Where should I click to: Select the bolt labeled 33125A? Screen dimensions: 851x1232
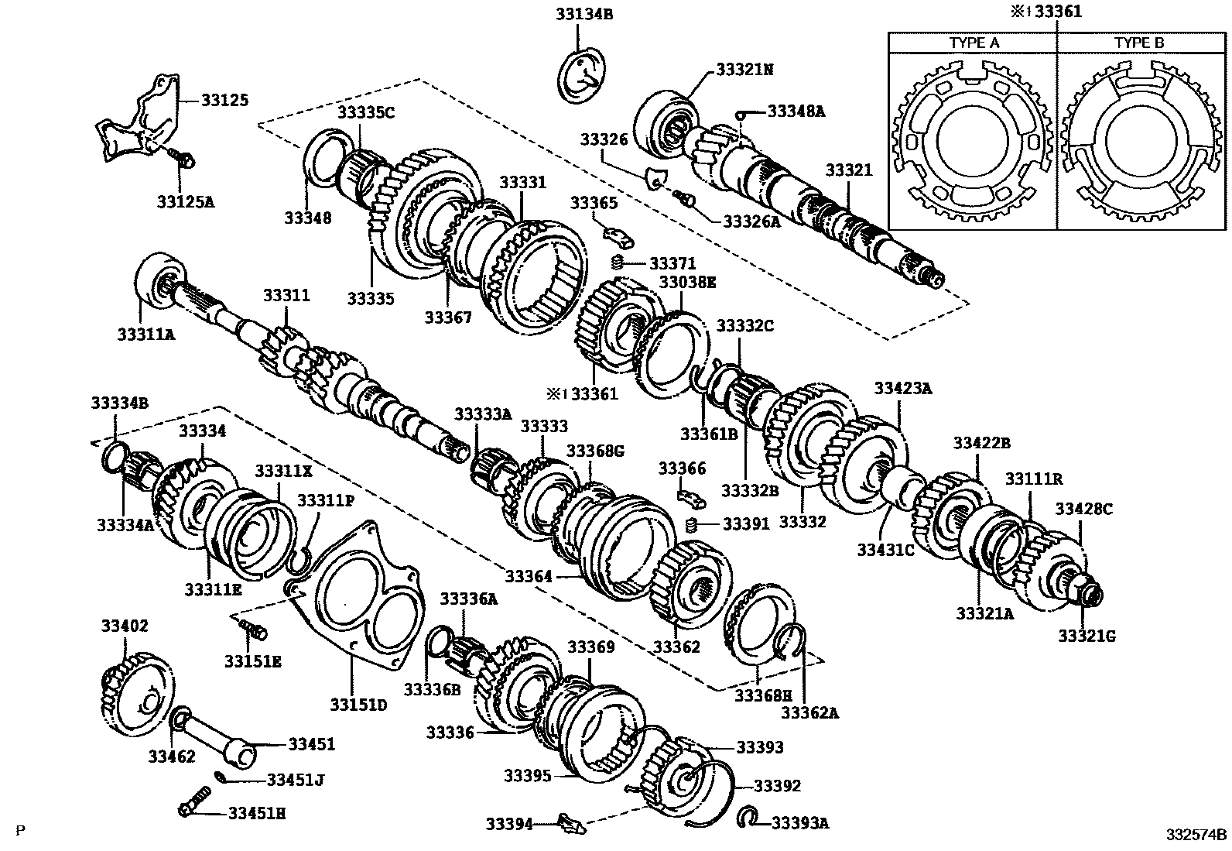[186, 161]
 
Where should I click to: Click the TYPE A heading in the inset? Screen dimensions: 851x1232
[974, 43]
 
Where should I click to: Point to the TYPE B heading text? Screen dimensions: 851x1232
[1138, 43]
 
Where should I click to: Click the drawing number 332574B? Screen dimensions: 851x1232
[1196, 835]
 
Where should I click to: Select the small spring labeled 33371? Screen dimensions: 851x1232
[618, 263]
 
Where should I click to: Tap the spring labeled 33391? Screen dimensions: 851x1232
[693, 524]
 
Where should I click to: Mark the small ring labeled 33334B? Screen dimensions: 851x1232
[113, 456]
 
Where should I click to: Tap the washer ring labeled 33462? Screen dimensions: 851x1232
[178, 718]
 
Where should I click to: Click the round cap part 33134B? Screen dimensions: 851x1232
[582, 75]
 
